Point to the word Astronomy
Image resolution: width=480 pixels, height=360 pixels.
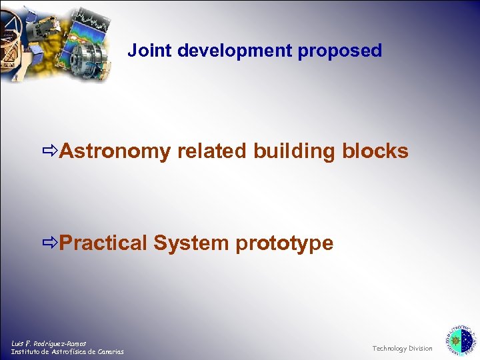point(115,152)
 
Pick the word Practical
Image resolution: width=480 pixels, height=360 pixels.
point(103,243)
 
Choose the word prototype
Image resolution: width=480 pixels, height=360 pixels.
point(284,243)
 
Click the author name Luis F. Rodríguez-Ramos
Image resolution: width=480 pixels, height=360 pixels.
point(49,343)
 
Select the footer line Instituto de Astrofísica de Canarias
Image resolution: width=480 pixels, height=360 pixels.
point(67,352)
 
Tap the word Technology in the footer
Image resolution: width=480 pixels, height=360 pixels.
point(389,349)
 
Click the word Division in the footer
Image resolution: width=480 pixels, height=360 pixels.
point(421,349)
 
